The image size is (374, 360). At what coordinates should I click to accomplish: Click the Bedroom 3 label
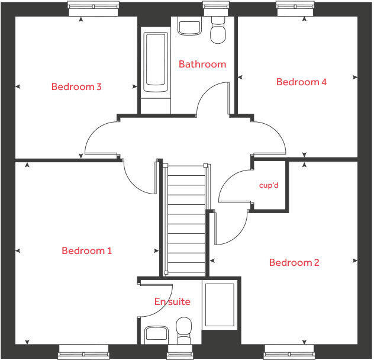[x=76, y=87]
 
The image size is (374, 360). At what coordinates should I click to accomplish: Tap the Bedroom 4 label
[x=301, y=82]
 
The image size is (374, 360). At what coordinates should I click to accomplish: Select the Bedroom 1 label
[x=86, y=251]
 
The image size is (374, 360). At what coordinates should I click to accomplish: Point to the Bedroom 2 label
[x=294, y=263]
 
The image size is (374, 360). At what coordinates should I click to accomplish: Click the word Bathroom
[x=202, y=64]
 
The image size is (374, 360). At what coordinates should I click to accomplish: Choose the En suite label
[x=172, y=302]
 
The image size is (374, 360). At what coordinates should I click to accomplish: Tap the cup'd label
[x=269, y=185]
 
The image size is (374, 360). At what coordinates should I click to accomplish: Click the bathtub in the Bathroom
[x=156, y=62]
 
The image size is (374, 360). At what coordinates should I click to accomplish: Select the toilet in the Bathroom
[x=218, y=33]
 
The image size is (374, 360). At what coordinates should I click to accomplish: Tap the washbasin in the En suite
[x=156, y=334]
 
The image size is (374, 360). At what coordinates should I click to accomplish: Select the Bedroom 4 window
[x=294, y=7]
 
